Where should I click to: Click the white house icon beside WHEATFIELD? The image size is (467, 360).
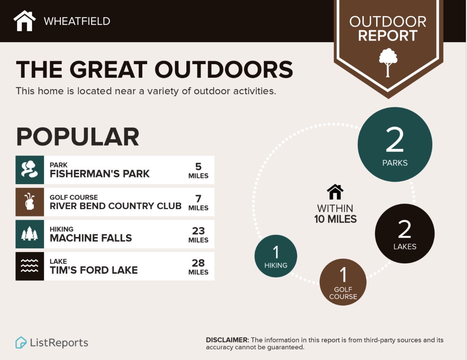click(x=25, y=21)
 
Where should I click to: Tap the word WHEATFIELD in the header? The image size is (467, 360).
click(x=77, y=21)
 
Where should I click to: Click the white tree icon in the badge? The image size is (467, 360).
click(x=388, y=62)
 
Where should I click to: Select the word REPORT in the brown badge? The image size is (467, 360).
click(x=388, y=36)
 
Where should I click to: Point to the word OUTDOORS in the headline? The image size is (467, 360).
click(x=224, y=69)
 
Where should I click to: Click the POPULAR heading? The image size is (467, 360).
click(x=77, y=137)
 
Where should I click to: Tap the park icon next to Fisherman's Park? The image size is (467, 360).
click(x=30, y=170)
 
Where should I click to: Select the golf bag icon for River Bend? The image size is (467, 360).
click(x=30, y=202)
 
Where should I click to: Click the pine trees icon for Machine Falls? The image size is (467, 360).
click(x=30, y=234)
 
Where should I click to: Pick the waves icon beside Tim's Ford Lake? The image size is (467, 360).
click(x=30, y=266)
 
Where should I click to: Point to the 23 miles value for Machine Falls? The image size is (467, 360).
click(x=198, y=235)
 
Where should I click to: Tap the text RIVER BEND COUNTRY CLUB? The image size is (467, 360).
click(x=116, y=206)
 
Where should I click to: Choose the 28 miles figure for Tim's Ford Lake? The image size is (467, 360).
click(x=198, y=267)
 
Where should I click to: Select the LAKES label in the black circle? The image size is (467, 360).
click(x=405, y=247)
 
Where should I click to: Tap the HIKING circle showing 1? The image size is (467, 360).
click(x=276, y=256)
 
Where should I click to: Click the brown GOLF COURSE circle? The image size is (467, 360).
click(x=343, y=282)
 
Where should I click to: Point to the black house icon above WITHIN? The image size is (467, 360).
click(x=335, y=192)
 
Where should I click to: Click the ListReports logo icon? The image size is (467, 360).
click(x=21, y=342)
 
